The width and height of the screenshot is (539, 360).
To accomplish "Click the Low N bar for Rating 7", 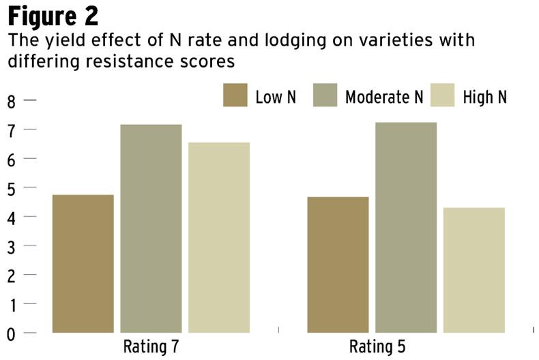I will (x=83, y=264).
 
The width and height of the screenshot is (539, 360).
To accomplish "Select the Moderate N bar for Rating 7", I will (x=151, y=228).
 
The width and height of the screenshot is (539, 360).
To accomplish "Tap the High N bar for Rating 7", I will (x=218, y=237).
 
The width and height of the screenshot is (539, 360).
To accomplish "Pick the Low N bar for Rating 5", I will (x=338, y=265).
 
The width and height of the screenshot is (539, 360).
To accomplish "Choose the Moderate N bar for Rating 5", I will (x=406, y=227).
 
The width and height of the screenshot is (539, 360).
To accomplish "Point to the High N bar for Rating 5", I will (x=474, y=270).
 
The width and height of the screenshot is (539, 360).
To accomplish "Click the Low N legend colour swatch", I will (x=235, y=96).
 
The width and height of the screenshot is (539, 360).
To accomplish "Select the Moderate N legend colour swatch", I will (x=325, y=96).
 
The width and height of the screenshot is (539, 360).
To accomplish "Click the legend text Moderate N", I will (x=384, y=97).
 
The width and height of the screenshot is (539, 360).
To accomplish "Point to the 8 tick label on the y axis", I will (x=11, y=101).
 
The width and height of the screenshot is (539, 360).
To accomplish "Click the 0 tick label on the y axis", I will (x=11, y=333).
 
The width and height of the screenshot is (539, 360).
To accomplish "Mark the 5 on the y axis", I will (x=11, y=188).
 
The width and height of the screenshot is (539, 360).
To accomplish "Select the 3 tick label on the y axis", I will (x=11, y=246).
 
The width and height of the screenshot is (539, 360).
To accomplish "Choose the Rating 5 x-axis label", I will (x=377, y=346).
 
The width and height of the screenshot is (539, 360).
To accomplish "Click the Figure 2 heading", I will (x=53, y=15).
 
